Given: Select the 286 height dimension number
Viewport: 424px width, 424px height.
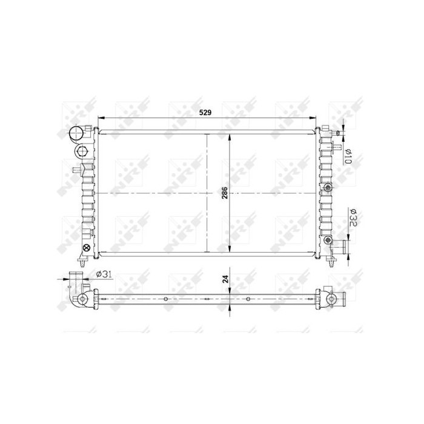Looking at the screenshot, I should tap(224, 193).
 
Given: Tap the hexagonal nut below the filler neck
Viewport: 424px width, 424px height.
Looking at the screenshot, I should tap(81, 151).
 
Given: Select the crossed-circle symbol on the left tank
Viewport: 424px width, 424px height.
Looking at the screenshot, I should tap(86, 248).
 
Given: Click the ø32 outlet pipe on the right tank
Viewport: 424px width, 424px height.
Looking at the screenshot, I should tap(340, 247).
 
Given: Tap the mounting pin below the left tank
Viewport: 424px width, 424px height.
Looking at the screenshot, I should tap(83, 265).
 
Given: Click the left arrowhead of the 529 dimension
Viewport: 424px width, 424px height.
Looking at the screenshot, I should tap(101, 118).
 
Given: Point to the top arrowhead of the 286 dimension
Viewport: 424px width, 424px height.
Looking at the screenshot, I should tap(229, 136).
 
